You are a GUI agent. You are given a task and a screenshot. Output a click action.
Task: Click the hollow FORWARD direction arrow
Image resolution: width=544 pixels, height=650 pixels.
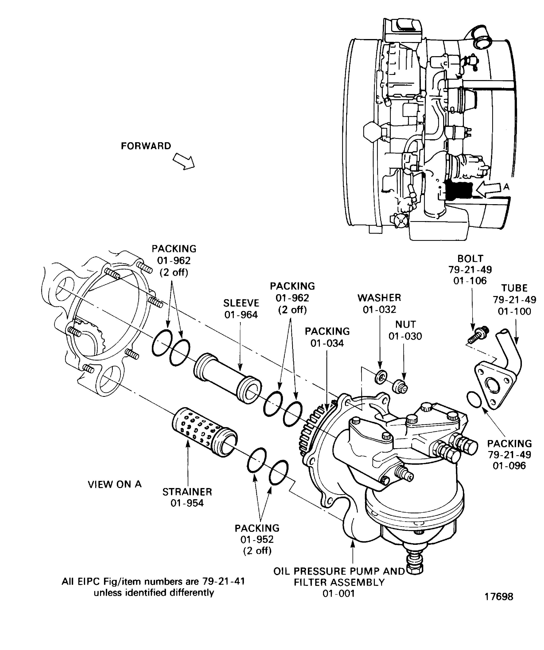184,161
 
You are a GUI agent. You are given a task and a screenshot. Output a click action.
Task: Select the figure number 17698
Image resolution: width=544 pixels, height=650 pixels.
499,596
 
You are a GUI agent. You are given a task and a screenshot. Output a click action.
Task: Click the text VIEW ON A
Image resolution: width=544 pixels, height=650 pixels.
115,484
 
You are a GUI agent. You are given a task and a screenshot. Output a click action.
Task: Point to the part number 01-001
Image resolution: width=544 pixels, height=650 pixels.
339,593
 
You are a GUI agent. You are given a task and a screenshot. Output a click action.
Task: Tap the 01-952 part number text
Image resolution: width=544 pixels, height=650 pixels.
257,539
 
